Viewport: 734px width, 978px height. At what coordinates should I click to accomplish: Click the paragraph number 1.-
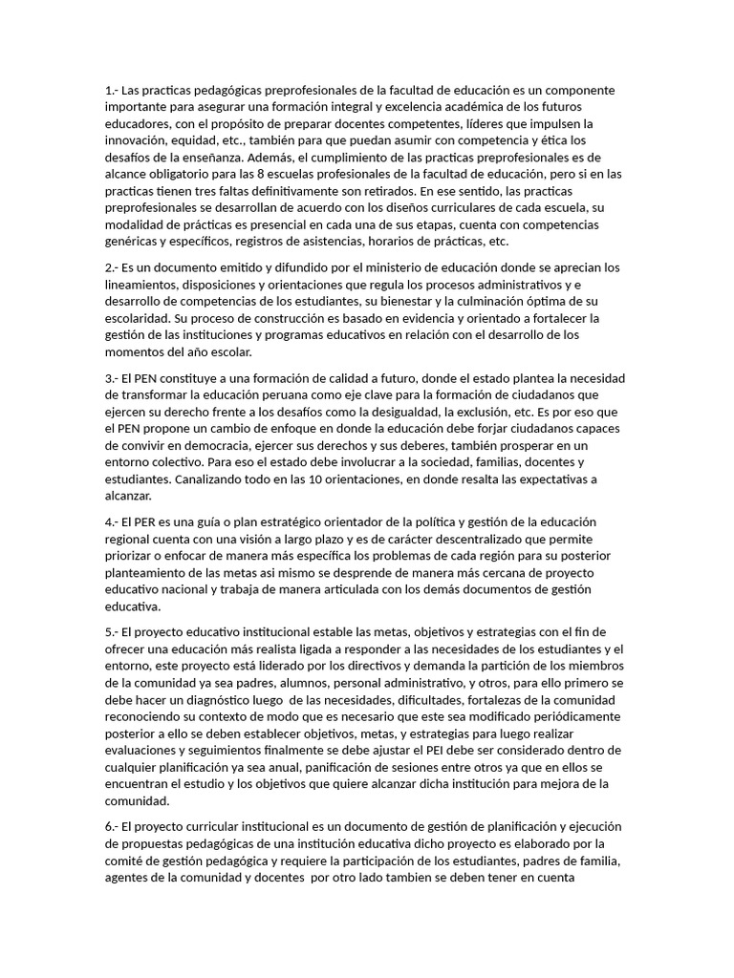point(112,91)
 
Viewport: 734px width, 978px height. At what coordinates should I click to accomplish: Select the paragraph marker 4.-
point(112,521)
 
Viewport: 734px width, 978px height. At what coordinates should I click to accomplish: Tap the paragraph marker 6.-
point(112,826)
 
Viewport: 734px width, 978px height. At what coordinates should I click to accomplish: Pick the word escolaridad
point(138,317)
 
